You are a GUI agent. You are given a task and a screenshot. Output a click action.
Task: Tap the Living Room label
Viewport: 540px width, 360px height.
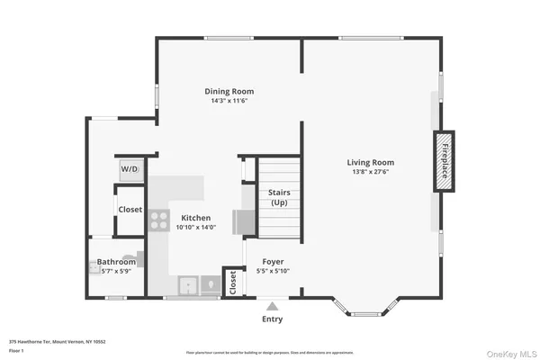click(x=371, y=163)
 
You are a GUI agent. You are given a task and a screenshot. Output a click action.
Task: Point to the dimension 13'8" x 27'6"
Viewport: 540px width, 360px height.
click(x=371, y=173)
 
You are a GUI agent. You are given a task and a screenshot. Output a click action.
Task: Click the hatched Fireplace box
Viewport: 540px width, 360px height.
click(x=443, y=161)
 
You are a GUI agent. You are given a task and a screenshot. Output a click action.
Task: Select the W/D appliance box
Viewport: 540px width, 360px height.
click(x=130, y=169)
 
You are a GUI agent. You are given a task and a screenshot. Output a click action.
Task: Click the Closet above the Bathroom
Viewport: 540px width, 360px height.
click(x=130, y=209)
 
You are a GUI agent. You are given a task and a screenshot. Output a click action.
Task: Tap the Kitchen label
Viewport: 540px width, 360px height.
click(x=196, y=218)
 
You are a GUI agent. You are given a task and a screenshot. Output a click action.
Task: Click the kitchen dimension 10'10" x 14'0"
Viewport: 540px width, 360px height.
click(x=196, y=228)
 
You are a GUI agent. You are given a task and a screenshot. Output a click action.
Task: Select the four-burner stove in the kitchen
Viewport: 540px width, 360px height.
click(x=159, y=220)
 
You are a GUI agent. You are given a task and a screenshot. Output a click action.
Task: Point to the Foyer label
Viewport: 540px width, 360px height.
click(x=273, y=261)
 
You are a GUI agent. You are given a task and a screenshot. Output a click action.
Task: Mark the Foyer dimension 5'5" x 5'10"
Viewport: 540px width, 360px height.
click(x=273, y=271)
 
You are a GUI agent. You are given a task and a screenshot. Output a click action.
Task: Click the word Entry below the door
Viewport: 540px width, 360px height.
click(x=272, y=319)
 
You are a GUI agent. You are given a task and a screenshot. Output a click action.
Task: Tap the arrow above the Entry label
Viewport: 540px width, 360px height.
click(x=272, y=307)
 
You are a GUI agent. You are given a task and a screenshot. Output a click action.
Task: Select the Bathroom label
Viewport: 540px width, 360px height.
click(x=117, y=262)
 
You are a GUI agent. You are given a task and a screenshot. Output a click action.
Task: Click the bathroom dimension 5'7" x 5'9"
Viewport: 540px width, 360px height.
click(x=117, y=271)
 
